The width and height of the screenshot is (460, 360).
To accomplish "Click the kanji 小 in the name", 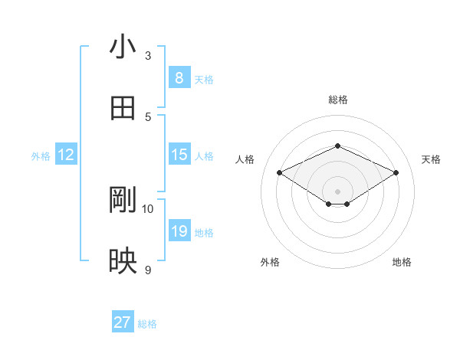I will (123, 47).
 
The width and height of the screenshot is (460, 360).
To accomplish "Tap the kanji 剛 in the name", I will (123, 200).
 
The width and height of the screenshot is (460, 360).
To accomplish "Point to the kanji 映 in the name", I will (123, 261).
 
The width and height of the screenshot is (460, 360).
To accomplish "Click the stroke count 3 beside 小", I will (148, 56).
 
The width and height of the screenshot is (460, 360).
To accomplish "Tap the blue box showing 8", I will (179, 77).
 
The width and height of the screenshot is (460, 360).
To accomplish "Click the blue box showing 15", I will (179, 155).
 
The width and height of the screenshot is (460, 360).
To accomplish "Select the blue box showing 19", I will (179, 231).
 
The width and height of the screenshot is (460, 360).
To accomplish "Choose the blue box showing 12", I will (66, 155).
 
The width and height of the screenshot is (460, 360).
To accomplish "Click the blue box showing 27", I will (122, 322).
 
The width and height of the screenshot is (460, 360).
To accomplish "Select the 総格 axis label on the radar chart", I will (337, 100).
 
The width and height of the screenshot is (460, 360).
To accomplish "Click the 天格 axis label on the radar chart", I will (431, 159).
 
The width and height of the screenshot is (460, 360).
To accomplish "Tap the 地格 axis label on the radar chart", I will (402, 262).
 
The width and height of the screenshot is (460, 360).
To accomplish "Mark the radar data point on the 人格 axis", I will (279, 173).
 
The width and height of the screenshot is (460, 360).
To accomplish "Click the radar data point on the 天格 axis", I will (396, 173).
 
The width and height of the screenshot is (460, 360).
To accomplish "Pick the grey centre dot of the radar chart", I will (337, 191).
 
